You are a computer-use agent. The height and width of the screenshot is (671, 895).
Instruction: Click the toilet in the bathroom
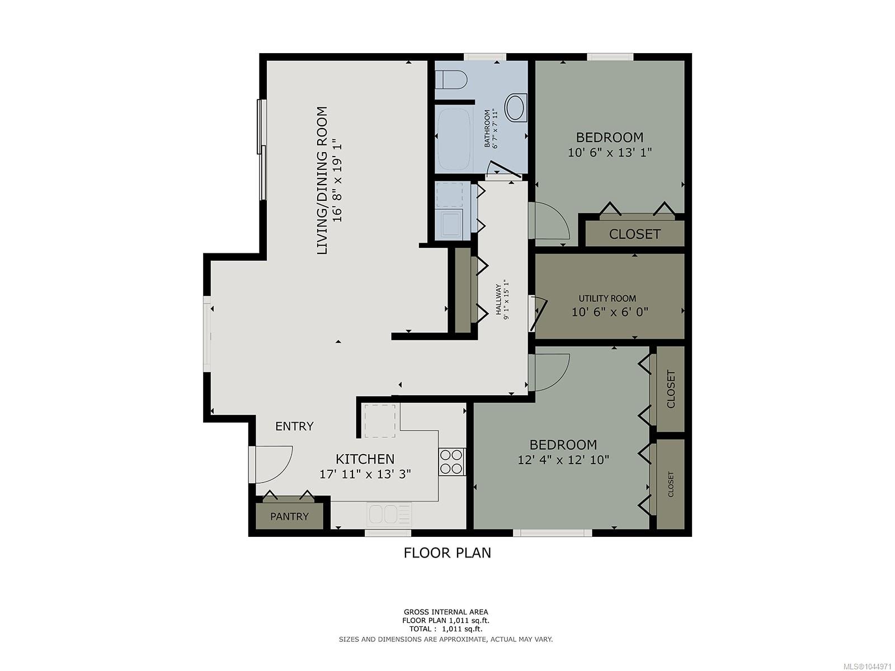[x=450, y=79]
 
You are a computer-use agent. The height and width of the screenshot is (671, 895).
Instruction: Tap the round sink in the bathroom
[x=516, y=107]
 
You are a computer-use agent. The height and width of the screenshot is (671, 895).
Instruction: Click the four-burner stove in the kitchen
[x=452, y=462]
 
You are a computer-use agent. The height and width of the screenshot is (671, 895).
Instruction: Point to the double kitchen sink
[x=389, y=514]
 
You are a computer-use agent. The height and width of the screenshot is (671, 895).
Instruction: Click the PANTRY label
[x=290, y=517]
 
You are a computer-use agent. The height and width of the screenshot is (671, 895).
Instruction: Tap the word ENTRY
[x=294, y=426]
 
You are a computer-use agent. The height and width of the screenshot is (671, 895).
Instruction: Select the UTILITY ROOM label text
[x=607, y=299]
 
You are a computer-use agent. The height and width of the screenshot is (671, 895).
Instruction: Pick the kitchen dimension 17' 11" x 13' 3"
[x=365, y=474]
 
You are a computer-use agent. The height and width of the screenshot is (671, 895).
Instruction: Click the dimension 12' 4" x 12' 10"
[x=563, y=460]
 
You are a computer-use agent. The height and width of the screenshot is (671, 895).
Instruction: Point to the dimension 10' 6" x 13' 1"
[x=610, y=152]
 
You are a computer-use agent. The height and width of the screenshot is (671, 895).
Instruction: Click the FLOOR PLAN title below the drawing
[x=447, y=553]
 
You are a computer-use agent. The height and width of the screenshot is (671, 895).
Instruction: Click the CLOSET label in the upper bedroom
[x=634, y=234]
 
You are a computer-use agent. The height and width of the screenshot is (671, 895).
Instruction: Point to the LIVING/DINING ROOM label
[x=322, y=181]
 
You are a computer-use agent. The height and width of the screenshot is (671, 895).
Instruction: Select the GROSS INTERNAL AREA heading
[x=446, y=612]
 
